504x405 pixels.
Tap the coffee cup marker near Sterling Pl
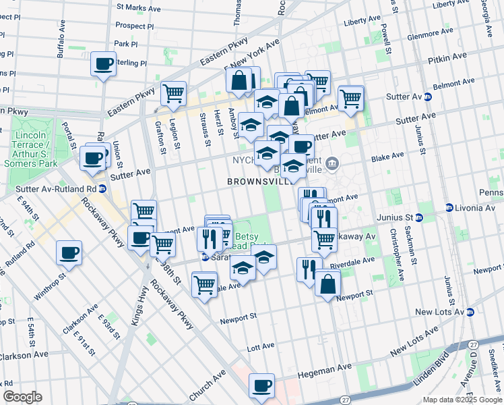[x=103, y=64]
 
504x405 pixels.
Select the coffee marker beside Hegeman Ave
[x=261, y=386]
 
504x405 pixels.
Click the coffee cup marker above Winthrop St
[x=68, y=253]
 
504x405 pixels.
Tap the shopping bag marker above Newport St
[x=327, y=283]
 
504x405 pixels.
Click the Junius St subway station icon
[x=418, y=217]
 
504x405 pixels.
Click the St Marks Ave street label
[x=139, y=8]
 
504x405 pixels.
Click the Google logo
[x=22, y=397]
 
